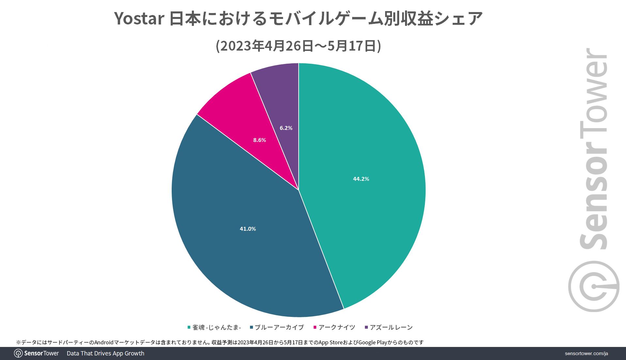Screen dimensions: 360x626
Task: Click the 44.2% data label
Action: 361,179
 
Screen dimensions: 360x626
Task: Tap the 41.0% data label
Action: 248,229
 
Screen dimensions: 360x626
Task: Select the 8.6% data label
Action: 259,140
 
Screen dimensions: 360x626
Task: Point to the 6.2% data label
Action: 286,128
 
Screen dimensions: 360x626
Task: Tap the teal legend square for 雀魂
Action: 189,327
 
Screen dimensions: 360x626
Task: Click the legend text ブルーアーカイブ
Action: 279,327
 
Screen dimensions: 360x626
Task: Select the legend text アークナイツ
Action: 336,327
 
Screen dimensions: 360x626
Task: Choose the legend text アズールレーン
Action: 391,327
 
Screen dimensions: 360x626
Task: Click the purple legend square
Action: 367,327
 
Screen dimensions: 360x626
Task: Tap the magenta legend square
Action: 315,327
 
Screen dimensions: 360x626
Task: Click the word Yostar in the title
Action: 139,19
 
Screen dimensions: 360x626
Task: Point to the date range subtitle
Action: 298,46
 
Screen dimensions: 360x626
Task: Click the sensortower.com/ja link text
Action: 586,353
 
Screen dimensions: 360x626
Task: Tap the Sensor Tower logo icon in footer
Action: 18,353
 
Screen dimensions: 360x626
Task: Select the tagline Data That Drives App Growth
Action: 105,353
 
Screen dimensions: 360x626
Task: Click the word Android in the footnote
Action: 104,342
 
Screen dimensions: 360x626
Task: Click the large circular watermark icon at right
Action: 593,287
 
